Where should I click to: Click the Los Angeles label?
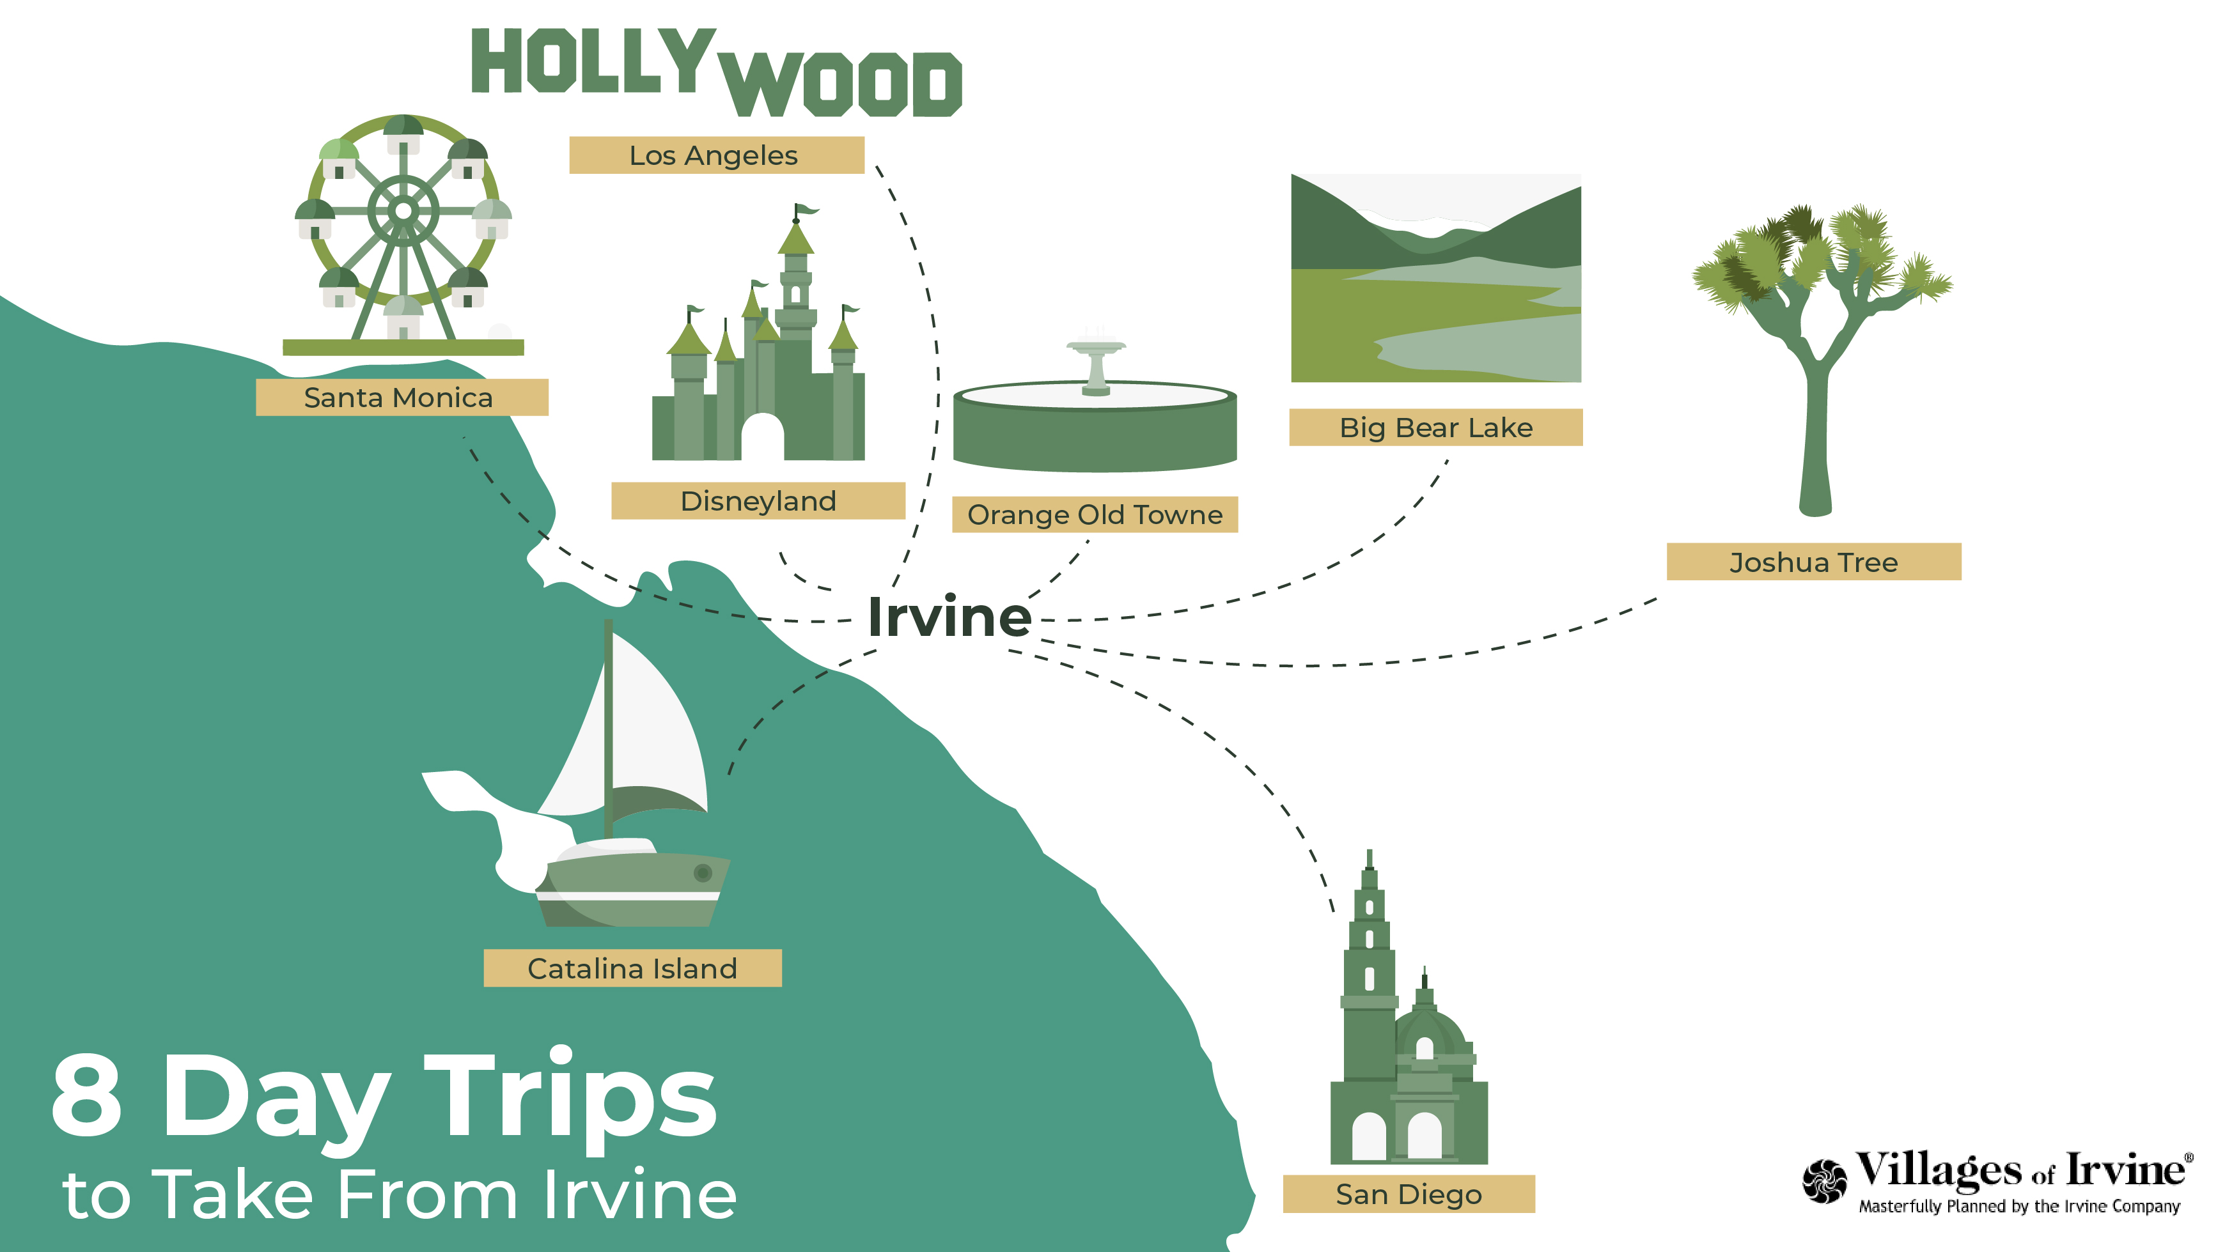coord(716,155)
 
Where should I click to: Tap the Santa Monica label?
coord(402,397)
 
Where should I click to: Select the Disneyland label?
coord(758,501)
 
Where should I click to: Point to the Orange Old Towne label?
coord(1095,514)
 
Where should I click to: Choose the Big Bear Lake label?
coord(1435,428)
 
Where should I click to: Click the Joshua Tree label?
coord(1814,562)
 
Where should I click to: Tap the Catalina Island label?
coord(632,968)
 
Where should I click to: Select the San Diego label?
coord(1409,1194)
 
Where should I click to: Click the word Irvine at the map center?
coord(949,617)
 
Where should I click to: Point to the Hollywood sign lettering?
coord(716,72)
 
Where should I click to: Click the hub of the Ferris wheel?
coord(403,212)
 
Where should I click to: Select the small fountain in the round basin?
coord(1095,364)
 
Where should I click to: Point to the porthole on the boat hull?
coord(703,873)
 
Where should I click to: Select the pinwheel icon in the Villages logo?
coord(1824,1180)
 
